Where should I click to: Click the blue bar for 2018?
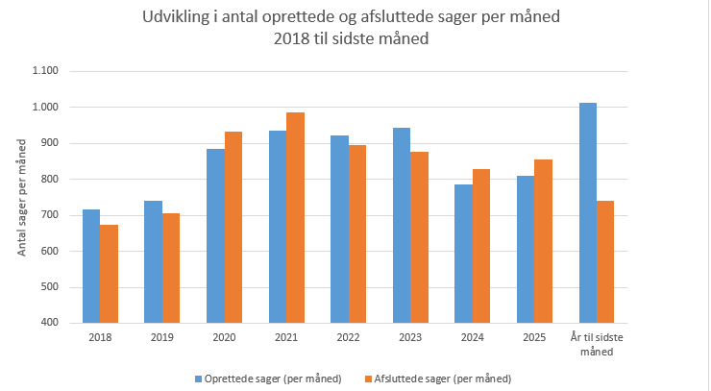tap(91, 266)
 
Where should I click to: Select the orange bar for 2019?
tap(170, 268)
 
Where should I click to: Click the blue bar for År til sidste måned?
tap(588, 213)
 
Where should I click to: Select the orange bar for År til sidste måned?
tap(605, 262)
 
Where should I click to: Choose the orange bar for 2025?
tap(543, 241)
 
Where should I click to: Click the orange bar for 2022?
tap(356, 234)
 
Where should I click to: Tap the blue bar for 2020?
tap(215, 236)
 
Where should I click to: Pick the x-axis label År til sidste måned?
tap(597, 345)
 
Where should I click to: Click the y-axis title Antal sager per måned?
tap(21, 197)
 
